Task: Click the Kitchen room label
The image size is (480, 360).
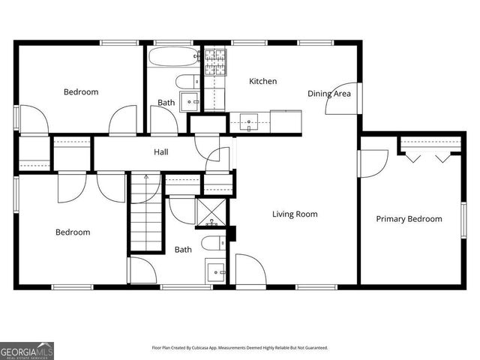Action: (262, 81)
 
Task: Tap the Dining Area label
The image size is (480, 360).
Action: (329, 94)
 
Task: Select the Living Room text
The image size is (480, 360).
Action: (294, 214)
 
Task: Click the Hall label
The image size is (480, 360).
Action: (160, 152)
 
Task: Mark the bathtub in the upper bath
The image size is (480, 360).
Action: (172, 57)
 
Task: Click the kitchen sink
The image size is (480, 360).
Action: (249, 120)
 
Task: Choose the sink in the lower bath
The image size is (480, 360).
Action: (216, 271)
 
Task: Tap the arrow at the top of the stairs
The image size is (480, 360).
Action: (146, 179)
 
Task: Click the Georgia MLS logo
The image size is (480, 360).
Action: (26, 350)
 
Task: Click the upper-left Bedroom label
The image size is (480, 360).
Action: (80, 92)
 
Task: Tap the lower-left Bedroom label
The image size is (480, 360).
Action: (73, 232)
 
